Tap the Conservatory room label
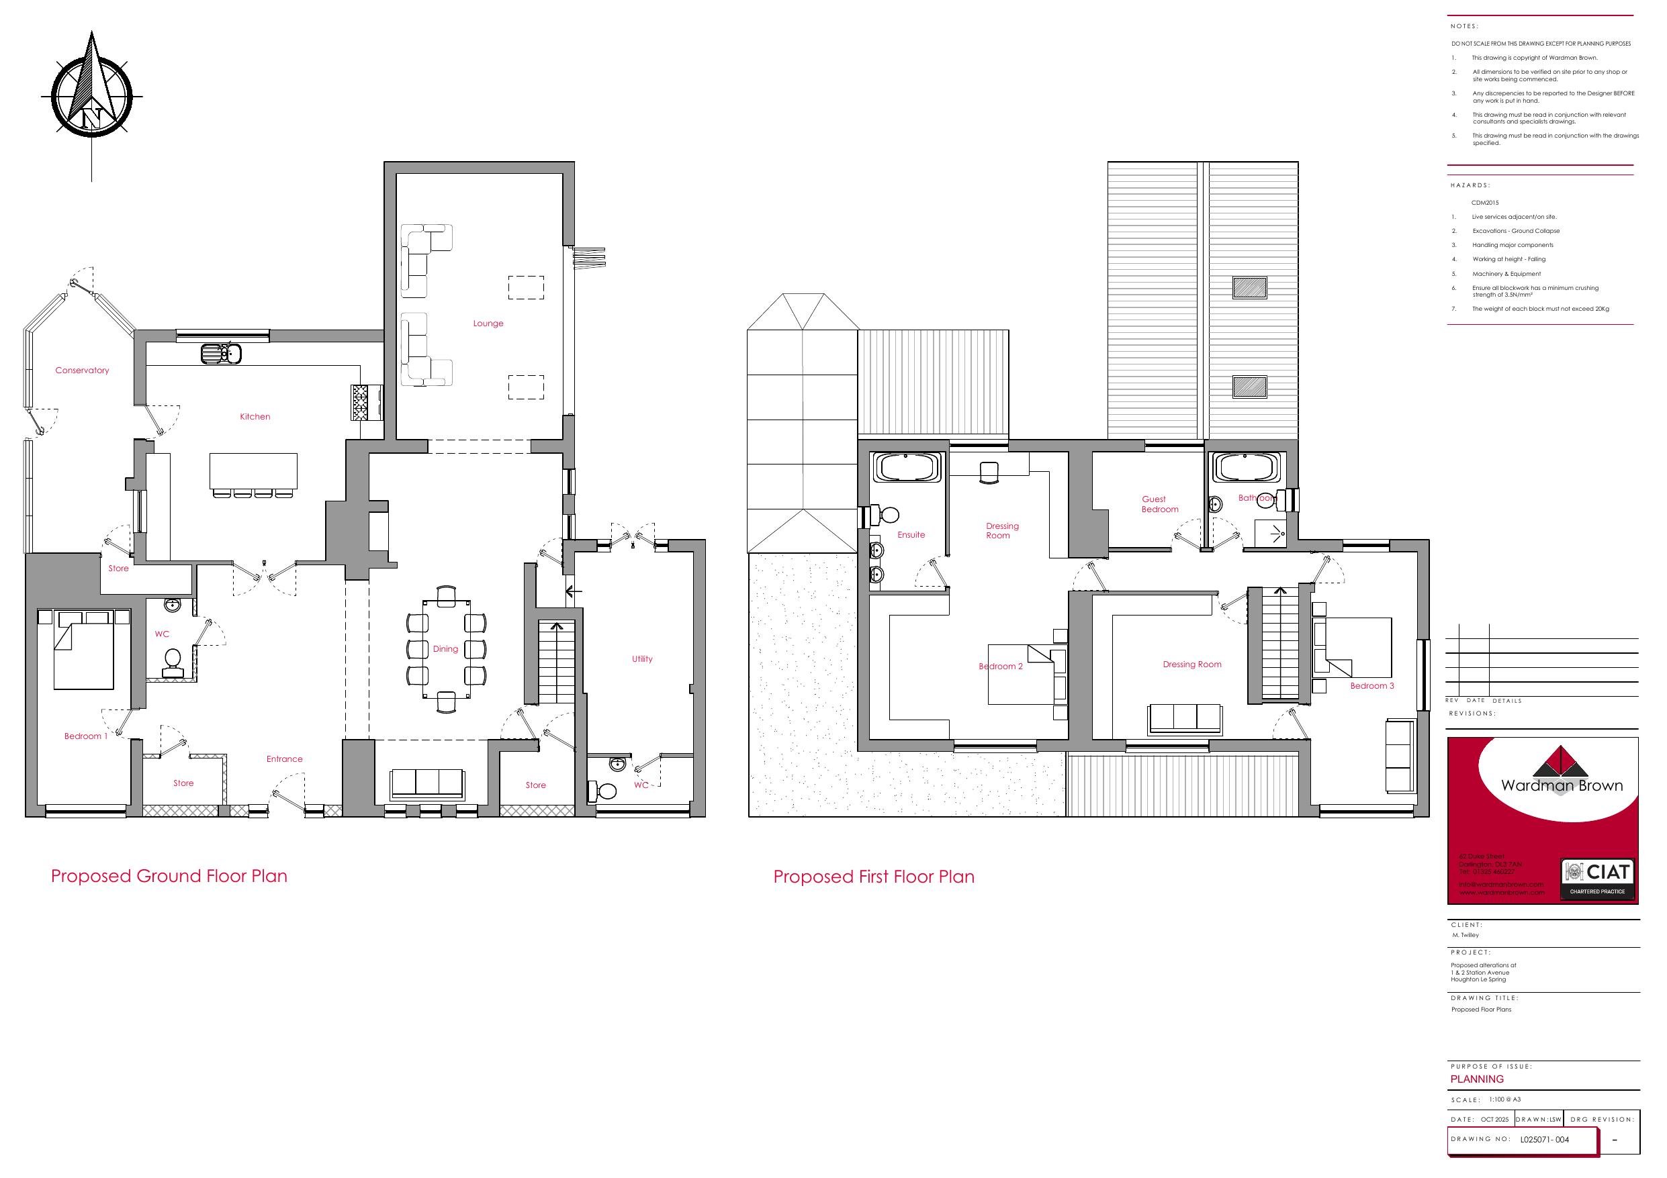point(82,370)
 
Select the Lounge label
point(488,324)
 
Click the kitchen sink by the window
point(221,354)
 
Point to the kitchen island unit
point(253,471)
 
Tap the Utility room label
point(642,659)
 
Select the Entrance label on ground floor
point(284,759)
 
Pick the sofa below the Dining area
point(427,784)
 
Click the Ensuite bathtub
point(907,467)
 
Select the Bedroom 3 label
point(1371,686)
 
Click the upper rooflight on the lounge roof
point(1249,288)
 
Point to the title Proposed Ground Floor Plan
point(169,876)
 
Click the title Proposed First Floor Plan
point(873,877)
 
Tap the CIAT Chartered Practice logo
point(1596,880)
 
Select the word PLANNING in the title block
point(1477,1079)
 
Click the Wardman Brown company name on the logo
point(1562,785)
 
